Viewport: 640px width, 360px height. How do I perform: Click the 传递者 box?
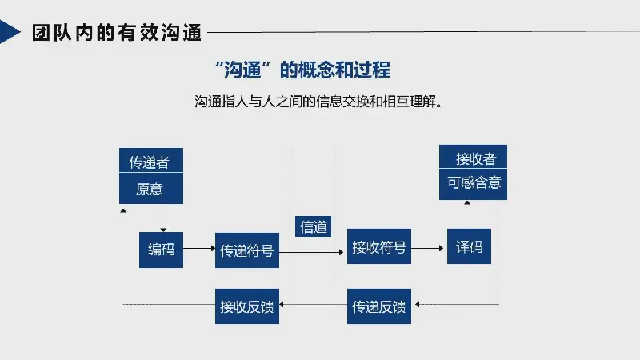(x=150, y=162)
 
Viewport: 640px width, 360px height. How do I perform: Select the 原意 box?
(x=150, y=190)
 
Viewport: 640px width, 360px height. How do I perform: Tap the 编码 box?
(x=161, y=249)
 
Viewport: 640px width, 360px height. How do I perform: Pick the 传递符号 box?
(x=247, y=250)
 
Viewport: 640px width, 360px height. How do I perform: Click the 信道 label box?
(x=314, y=226)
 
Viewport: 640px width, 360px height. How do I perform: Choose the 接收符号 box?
(x=379, y=248)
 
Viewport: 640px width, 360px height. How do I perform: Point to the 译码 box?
(x=469, y=248)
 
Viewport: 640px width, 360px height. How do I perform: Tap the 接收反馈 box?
(x=247, y=306)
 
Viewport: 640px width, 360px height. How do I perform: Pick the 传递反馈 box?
(x=379, y=306)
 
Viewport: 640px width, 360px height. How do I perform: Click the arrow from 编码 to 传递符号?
(x=199, y=250)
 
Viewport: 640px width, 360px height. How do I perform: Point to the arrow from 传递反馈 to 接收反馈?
(x=313, y=306)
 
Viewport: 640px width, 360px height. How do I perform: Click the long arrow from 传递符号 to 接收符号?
(x=313, y=250)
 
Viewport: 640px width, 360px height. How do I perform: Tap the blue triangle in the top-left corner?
(x=8, y=33)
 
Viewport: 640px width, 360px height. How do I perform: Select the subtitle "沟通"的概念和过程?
(x=303, y=69)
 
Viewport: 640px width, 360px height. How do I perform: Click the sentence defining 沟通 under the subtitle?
(x=318, y=102)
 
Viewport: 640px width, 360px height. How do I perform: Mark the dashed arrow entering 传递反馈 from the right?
(x=456, y=305)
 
